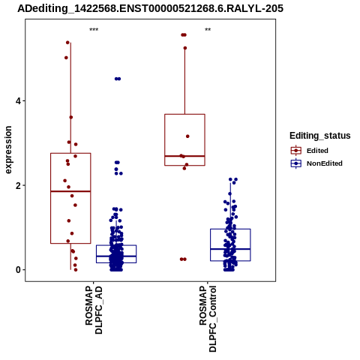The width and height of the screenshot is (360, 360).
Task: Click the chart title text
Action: (x=150, y=9)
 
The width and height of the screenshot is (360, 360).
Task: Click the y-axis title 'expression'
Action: (x=8, y=150)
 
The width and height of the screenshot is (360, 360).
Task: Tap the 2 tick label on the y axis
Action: (x=17, y=185)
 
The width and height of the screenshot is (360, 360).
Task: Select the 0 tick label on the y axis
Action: (x=17, y=270)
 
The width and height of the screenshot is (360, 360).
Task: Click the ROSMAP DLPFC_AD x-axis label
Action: (x=94, y=310)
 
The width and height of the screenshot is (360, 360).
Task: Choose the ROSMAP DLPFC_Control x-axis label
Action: (x=208, y=319)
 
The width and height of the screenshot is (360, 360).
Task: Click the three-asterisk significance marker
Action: (x=94, y=30)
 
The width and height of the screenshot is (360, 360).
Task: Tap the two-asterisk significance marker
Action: (x=208, y=30)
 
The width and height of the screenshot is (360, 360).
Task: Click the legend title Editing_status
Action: (x=320, y=136)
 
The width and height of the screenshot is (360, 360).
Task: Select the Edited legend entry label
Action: (x=317, y=151)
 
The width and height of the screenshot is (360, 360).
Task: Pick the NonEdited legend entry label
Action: (x=325, y=163)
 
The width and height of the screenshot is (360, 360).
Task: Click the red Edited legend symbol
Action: (x=296, y=151)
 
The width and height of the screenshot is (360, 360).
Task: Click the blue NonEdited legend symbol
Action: (x=296, y=163)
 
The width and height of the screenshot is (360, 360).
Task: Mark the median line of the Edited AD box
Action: (x=70, y=191)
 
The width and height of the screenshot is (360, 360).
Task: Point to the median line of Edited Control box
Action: (x=184, y=156)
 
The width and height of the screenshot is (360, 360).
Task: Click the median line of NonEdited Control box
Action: (x=230, y=249)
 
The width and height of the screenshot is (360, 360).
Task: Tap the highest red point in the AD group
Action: (x=67, y=43)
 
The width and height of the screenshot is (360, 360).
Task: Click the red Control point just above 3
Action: (x=187, y=136)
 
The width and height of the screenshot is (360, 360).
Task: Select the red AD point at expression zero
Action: (x=76, y=270)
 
